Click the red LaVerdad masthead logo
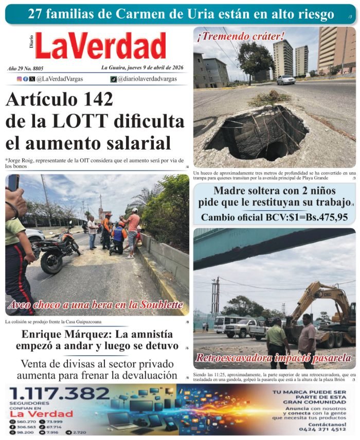101,46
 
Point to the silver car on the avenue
286,80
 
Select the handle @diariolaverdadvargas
147,79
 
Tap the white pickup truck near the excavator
242,327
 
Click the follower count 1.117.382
59,394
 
